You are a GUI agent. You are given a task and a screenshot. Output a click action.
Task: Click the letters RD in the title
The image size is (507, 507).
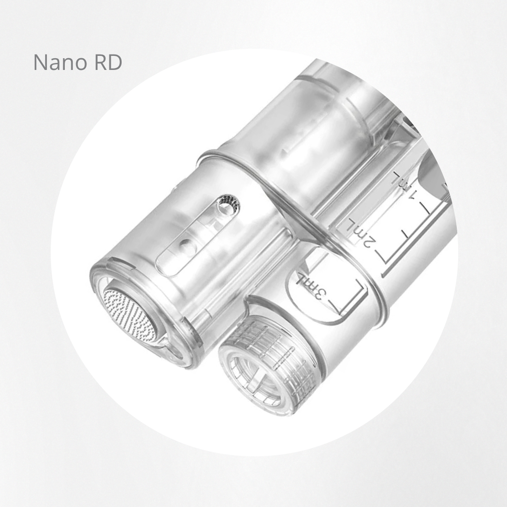click(x=108, y=62)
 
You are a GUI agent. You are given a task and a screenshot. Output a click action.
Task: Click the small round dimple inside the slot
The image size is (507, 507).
click(x=185, y=247)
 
